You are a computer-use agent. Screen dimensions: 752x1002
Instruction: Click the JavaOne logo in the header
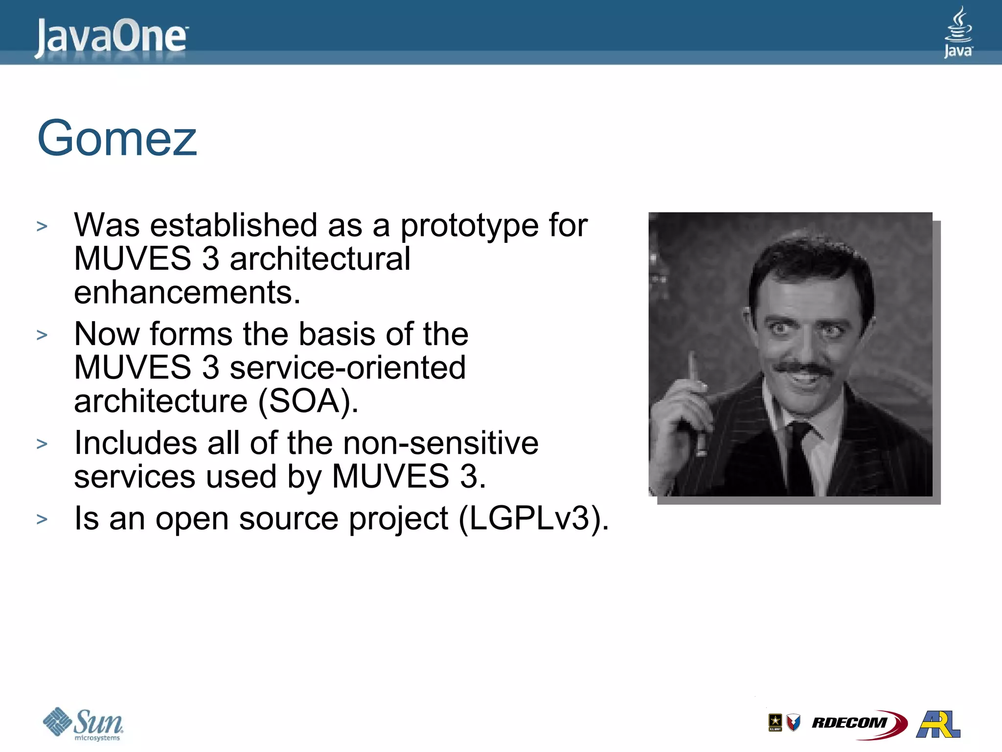[x=111, y=37]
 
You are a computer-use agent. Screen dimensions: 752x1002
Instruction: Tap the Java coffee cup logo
[x=958, y=32]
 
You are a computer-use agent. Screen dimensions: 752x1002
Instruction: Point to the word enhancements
[x=187, y=292]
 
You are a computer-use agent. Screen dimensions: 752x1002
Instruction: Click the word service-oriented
[x=347, y=368]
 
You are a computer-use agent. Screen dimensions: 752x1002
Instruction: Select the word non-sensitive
[x=440, y=443]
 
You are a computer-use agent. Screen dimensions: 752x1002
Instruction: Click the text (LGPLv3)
[x=533, y=518]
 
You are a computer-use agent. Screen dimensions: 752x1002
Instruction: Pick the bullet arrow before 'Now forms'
[x=42, y=335]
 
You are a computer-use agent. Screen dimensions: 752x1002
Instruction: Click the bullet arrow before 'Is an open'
[x=42, y=519]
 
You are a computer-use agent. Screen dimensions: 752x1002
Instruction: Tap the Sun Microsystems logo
[x=83, y=724]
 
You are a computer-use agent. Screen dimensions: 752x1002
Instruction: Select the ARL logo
[x=938, y=724]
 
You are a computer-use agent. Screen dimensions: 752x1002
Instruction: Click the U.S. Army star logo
[x=775, y=723]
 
